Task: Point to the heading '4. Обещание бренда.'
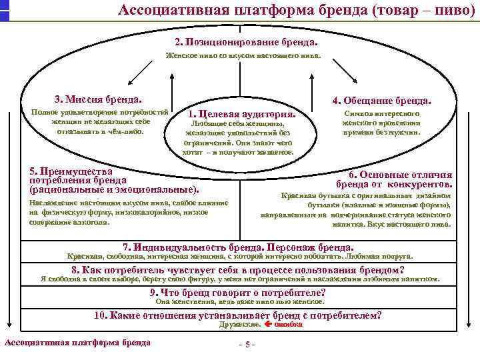click(x=382, y=101)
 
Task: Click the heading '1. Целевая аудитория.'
click(x=242, y=113)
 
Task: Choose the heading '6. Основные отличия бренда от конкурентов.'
click(x=395, y=179)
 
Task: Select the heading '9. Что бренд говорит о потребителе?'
click(x=238, y=292)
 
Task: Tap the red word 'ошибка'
click(x=289, y=325)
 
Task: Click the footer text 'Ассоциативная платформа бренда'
click(x=77, y=343)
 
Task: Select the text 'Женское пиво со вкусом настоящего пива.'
click(x=243, y=56)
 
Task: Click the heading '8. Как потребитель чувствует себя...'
click(x=238, y=270)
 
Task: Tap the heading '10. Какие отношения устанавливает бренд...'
click(x=238, y=315)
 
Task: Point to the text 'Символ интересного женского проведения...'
click(x=381, y=123)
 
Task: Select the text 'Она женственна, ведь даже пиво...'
click(x=239, y=301)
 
